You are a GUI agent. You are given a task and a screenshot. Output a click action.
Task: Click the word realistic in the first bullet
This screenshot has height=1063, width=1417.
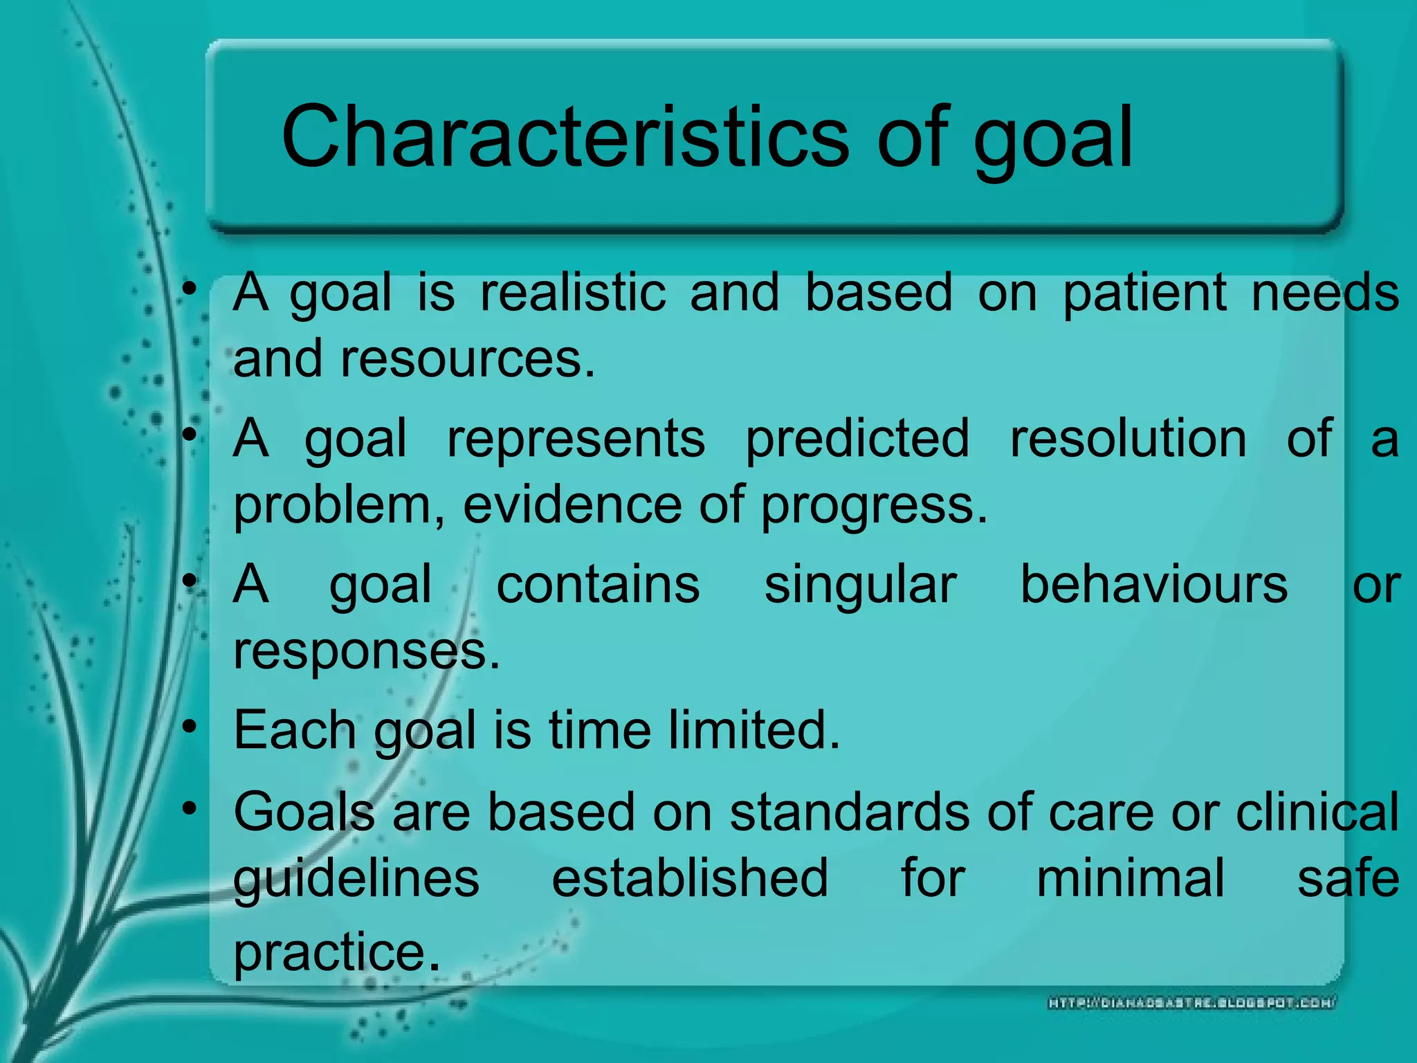point(573,292)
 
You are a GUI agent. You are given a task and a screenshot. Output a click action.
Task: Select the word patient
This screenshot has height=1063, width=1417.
point(1144,293)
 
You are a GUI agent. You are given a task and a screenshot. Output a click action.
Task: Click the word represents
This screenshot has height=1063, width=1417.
point(576,439)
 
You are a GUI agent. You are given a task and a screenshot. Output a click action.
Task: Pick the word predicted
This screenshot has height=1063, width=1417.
point(857,439)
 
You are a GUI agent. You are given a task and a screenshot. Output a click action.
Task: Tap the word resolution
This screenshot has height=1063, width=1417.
point(1128,439)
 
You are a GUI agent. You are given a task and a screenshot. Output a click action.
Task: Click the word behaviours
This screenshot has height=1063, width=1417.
point(1154,585)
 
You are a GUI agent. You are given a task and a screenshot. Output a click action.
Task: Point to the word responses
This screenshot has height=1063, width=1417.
point(366,652)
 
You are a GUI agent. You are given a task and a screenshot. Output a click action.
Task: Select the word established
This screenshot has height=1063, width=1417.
point(689,878)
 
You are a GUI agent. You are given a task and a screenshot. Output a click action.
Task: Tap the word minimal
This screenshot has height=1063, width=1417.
point(1130,878)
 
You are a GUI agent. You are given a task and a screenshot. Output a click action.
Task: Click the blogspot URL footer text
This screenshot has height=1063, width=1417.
point(1191,1002)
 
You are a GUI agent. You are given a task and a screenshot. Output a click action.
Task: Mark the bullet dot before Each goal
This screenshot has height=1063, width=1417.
point(190,727)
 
